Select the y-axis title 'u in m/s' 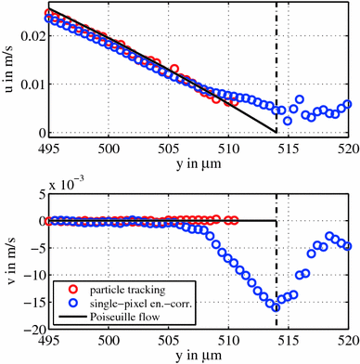pyautogui.click(x=7, y=71)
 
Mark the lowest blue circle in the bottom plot pyautogui.click(x=276, y=306)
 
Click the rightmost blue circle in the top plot pyautogui.click(x=348, y=104)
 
